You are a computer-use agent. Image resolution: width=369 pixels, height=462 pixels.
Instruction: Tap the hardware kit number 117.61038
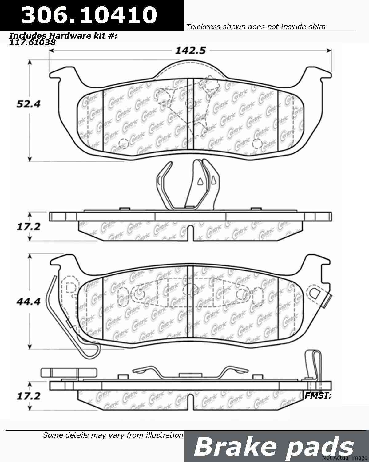(x=33, y=42)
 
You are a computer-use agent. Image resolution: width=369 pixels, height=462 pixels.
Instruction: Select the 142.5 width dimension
(x=190, y=51)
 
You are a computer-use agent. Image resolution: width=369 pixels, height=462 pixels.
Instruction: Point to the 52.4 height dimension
(x=28, y=104)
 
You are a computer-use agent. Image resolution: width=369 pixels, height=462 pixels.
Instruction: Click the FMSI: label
(x=318, y=396)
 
